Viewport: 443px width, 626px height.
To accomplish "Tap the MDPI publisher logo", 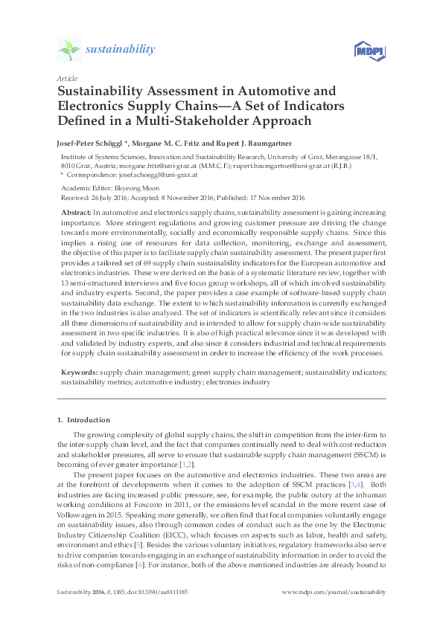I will (363, 51).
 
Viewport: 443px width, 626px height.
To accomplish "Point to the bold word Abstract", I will (77, 213).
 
